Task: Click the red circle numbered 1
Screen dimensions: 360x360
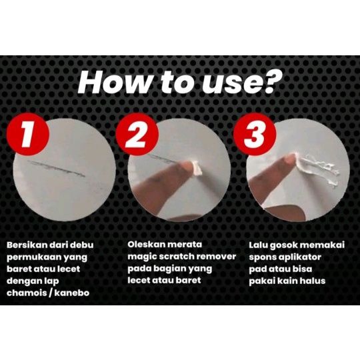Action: [28, 134]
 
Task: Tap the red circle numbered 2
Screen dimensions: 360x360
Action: [137, 134]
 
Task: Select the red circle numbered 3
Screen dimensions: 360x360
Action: [255, 134]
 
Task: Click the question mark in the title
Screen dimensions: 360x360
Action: [267, 81]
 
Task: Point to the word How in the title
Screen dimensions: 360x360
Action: [115, 82]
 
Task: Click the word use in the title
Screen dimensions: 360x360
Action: [228, 85]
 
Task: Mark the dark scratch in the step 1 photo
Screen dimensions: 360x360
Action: [56, 169]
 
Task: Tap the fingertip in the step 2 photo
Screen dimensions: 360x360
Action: [187, 166]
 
